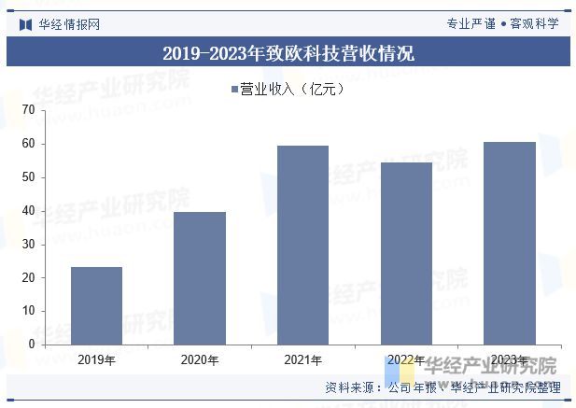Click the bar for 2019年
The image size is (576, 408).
point(97,305)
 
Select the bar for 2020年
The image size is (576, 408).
point(200,278)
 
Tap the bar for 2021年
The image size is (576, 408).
point(303,245)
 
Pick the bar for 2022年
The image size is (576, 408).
point(406,253)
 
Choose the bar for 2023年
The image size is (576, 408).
point(510,243)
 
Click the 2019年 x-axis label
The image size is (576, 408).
point(97,360)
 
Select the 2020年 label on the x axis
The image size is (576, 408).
point(200,360)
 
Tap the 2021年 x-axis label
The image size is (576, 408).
point(303,360)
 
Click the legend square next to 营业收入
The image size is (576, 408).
point(234,90)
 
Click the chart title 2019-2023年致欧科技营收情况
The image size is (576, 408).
point(288,53)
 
